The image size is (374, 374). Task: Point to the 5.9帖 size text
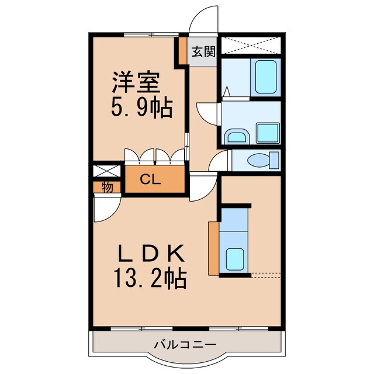[142, 106]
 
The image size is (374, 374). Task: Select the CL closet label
[150, 181]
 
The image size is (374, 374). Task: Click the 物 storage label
[107, 188]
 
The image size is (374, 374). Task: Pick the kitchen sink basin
[235, 257]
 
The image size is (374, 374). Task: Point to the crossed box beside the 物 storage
[107, 173]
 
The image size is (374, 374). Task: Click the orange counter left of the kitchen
[213, 247]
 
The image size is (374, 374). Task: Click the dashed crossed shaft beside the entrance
[251, 44]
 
